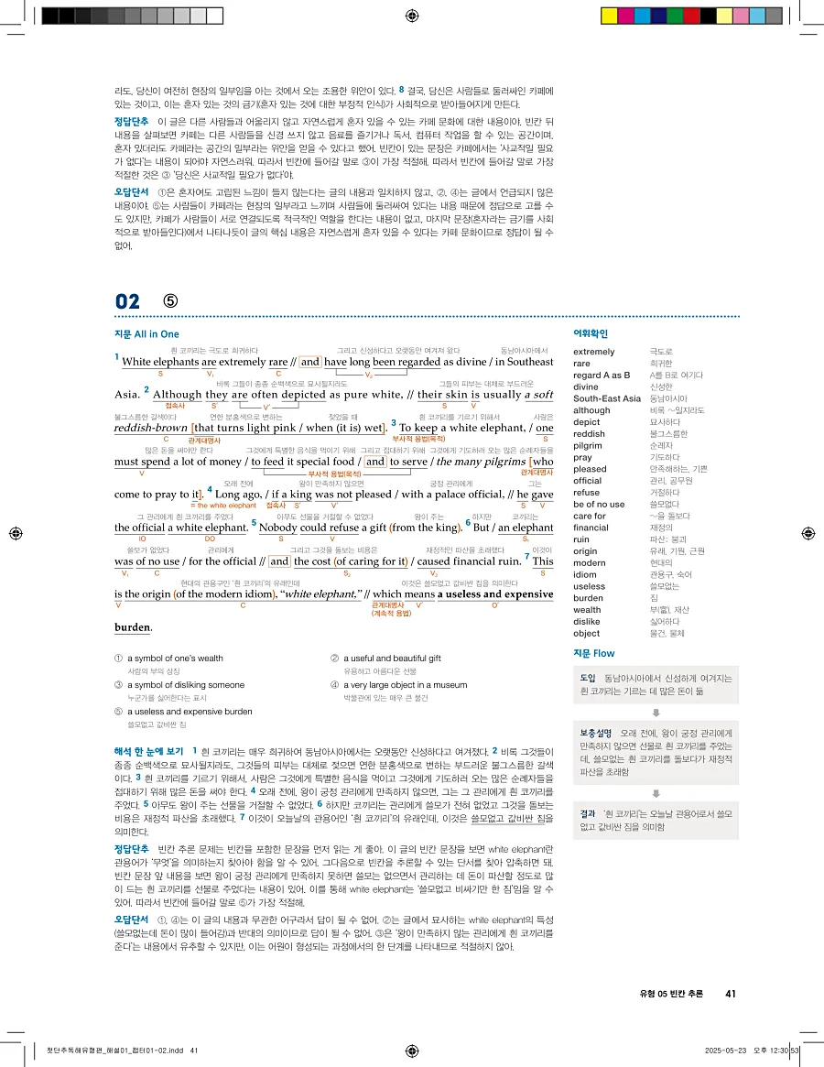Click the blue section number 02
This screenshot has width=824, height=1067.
(x=127, y=301)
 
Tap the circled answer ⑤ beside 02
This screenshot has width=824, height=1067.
(x=170, y=301)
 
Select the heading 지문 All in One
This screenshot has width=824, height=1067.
(x=146, y=334)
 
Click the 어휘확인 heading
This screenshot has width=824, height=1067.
(x=590, y=334)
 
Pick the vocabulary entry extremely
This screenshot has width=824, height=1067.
(x=593, y=351)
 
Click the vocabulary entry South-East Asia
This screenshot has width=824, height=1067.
(x=606, y=398)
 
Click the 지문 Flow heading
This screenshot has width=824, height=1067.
(x=593, y=653)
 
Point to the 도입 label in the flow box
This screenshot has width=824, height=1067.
(x=588, y=678)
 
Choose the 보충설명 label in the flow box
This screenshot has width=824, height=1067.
(x=595, y=734)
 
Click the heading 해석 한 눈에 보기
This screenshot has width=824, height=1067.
(x=149, y=751)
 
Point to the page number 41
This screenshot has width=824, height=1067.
(x=730, y=993)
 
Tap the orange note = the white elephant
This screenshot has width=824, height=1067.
(x=223, y=506)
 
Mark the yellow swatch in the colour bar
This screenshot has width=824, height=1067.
(x=607, y=16)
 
